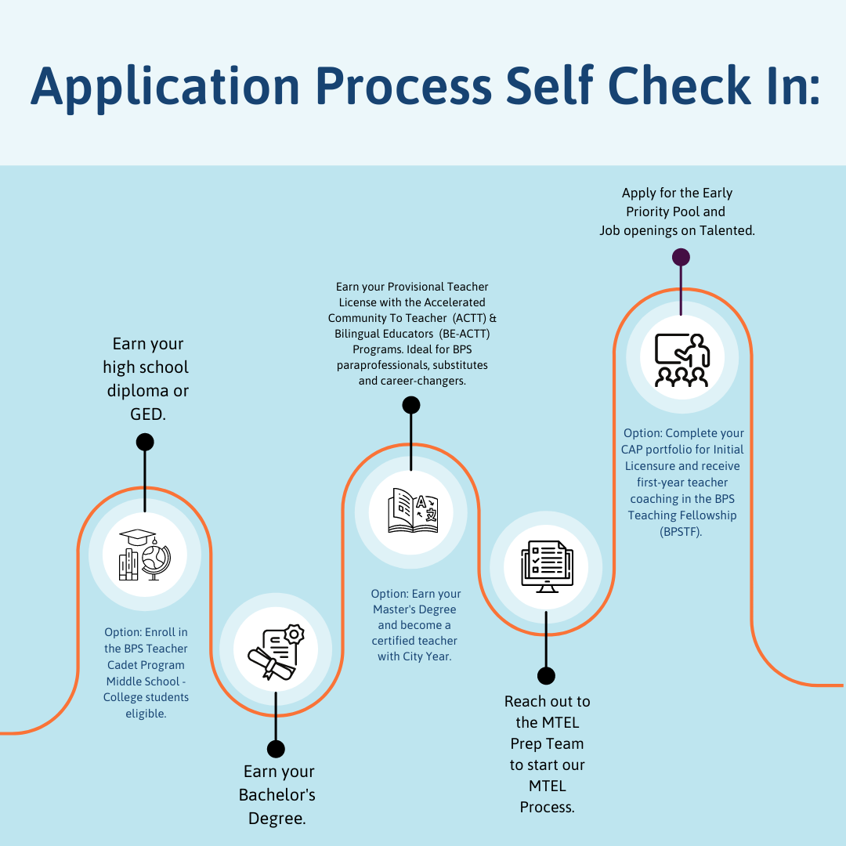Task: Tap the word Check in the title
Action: point(679,85)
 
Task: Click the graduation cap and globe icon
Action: point(145,555)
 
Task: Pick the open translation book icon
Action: point(413,511)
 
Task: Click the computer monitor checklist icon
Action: point(547,566)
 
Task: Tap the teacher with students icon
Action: point(682,360)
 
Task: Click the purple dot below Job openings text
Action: point(681,258)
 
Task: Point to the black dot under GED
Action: point(145,442)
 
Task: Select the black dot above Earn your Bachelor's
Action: point(276,749)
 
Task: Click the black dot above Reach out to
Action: point(546,675)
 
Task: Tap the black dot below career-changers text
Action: point(411,405)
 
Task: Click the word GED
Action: point(146,414)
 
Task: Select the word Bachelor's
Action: point(277,795)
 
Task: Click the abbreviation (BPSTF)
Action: point(681,532)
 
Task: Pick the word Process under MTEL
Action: point(547,807)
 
